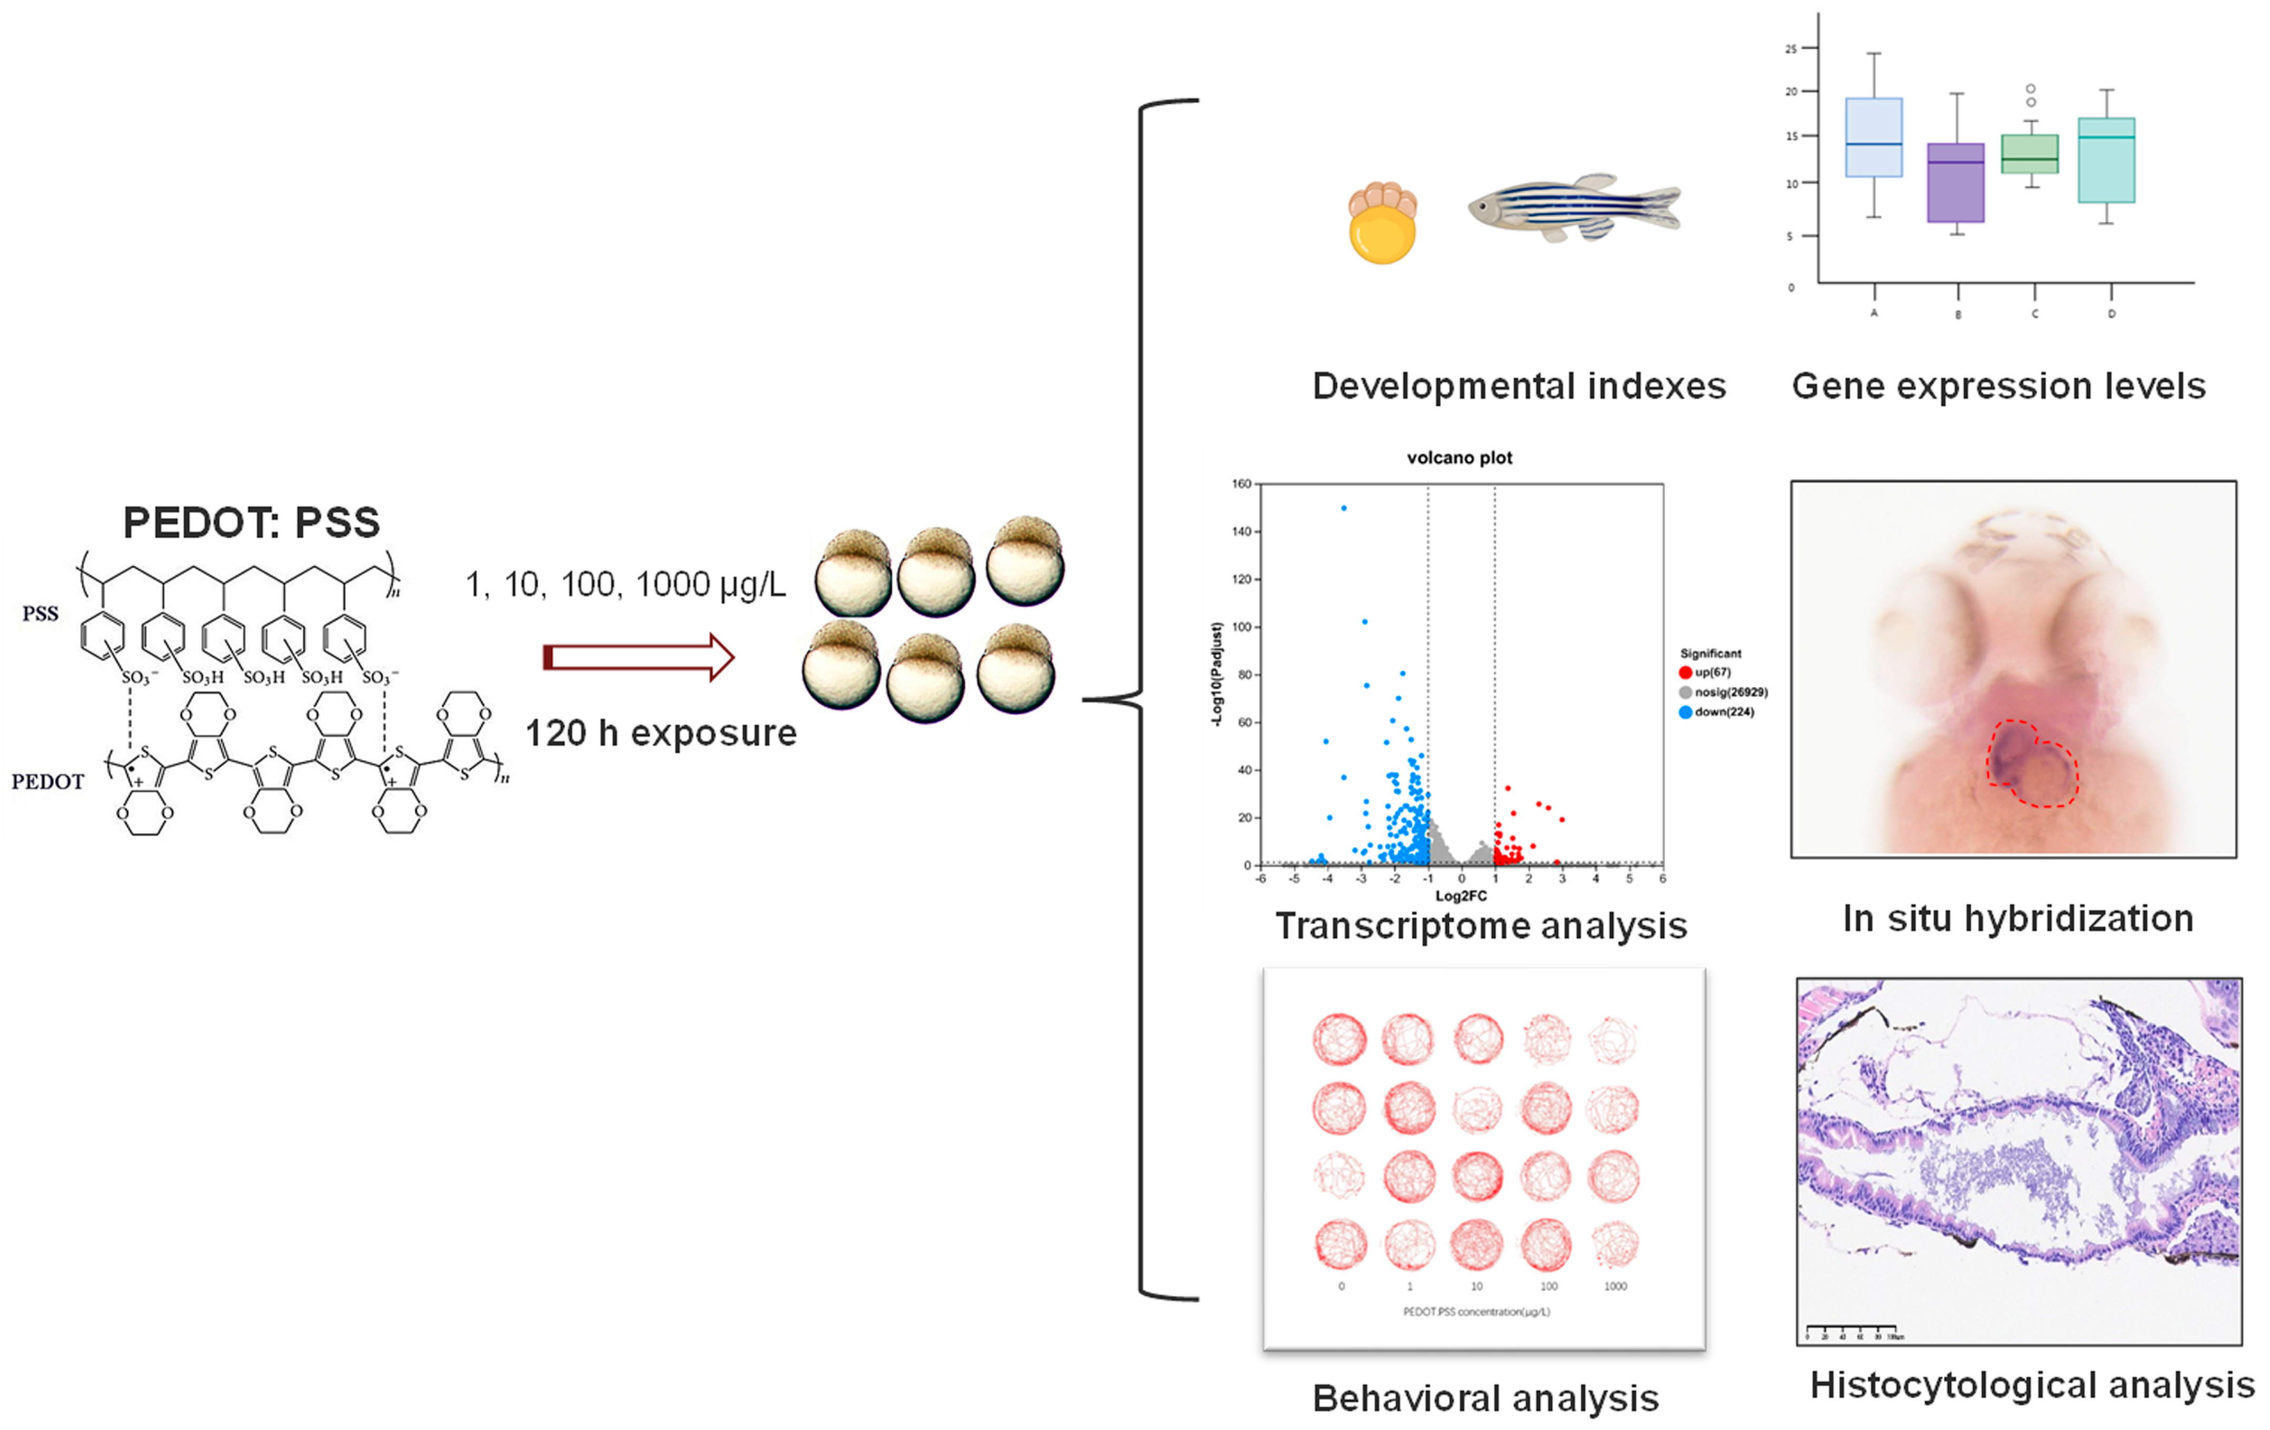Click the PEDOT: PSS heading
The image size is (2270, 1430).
tap(252, 522)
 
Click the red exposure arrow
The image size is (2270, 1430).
tap(638, 657)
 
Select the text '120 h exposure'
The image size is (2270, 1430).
tap(660, 733)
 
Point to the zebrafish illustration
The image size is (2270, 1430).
tap(1574, 207)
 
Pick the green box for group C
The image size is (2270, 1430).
tap(2029, 154)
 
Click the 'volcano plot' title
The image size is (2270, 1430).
tap(1459, 458)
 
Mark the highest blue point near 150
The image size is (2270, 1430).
tap(1343, 508)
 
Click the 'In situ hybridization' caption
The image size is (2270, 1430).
tap(2017, 918)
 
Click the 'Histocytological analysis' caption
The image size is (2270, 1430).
tap(2032, 1385)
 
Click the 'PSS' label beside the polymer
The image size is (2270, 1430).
tap(41, 614)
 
